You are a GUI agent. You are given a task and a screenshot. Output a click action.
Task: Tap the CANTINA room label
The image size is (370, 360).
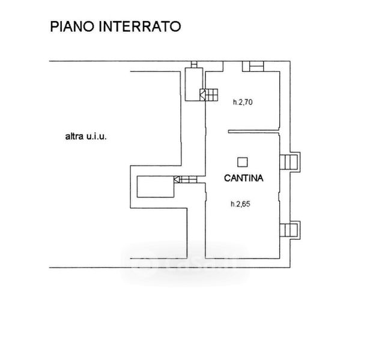click(x=244, y=178)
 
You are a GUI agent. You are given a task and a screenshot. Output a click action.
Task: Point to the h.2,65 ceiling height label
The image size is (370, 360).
click(x=240, y=204)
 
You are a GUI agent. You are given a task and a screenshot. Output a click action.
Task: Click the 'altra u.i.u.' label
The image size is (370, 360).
click(x=85, y=136)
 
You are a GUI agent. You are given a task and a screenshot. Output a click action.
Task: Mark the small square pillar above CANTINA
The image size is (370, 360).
click(x=242, y=160)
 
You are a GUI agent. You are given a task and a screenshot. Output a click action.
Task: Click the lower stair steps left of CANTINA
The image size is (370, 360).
click(x=187, y=179)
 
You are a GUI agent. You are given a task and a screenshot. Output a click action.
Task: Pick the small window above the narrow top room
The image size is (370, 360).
click(x=195, y=65)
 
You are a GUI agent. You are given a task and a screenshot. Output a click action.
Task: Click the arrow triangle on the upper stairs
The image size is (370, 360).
click(x=203, y=94)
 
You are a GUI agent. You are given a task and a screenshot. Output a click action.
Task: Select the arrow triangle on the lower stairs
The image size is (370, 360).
click(x=177, y=179)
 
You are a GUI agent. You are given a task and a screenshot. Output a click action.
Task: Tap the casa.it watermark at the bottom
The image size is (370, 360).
click(x=186, y=262)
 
